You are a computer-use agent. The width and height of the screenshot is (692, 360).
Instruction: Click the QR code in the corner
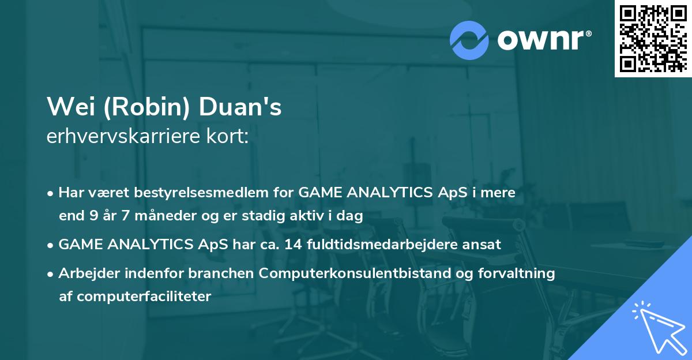click(x=653, y=38)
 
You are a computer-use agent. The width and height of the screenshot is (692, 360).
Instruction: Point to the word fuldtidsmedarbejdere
click(x=383, y=245)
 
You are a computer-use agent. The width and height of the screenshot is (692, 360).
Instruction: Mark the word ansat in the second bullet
click(x=484, y=245)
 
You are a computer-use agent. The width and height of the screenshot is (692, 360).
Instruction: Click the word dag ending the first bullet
click(x=351, y=217)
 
